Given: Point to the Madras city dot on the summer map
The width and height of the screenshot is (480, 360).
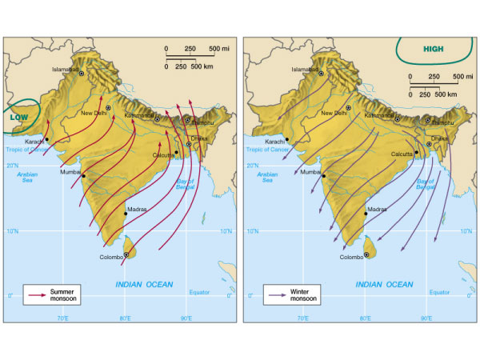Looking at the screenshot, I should coord(125,214).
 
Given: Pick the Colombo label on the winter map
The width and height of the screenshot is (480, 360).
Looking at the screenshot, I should coord(352,257).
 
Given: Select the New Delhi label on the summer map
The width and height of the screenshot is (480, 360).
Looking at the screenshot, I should coord(94,114).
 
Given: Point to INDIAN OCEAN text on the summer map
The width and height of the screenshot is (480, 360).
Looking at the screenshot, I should coord(146,283).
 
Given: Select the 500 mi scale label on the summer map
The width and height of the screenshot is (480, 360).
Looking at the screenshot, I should coord(219,50).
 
